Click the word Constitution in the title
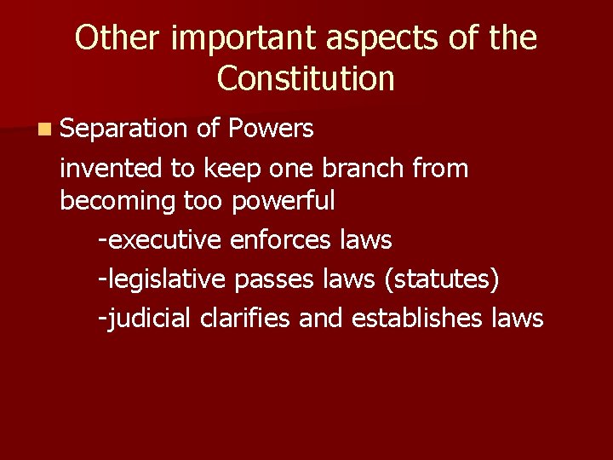point(306,78)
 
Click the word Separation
point(123,129)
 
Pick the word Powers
point(272,129)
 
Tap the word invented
point(112,169)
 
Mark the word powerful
point(285,202)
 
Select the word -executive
point(160,240)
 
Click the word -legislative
point(162,279)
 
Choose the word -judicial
point(146,319)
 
